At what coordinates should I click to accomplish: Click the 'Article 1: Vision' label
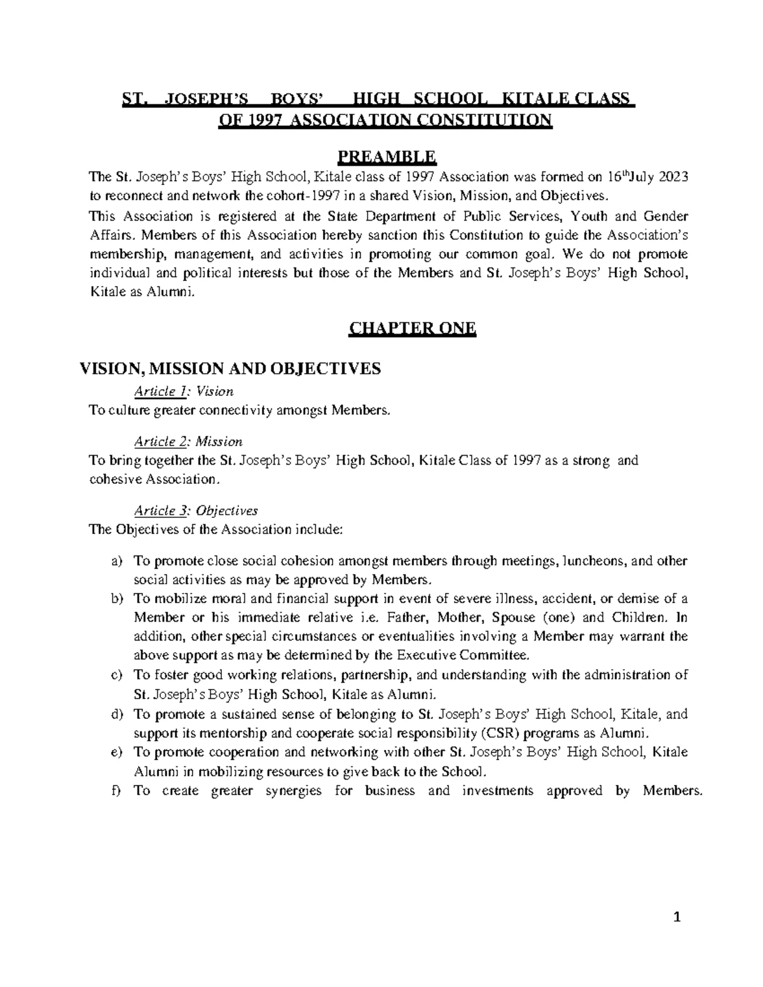(x=183, y=391)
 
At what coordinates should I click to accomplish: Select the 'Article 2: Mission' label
(x=188, y=441)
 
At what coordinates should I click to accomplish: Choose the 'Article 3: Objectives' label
(x=195, y=510)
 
